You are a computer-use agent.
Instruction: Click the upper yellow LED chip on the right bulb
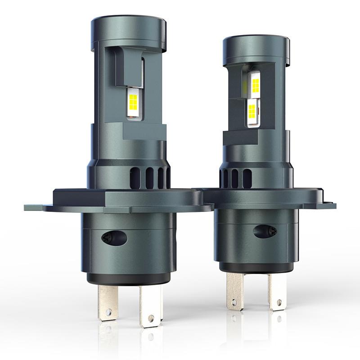[256, 83]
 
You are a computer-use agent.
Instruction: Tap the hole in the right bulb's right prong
[279, 302]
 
